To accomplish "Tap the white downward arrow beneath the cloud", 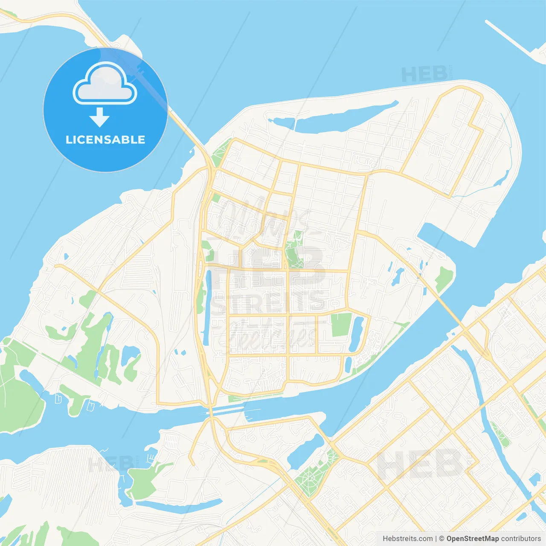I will pyautogui.click(x=99, y=117).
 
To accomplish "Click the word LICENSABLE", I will pyautogui.click(x=105, y=140).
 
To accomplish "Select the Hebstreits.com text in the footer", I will pyautogui.click(x=407, y=539).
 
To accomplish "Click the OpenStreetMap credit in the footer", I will pyautogui.click(x=472, y=539).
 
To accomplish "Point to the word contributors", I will pyautogui.click(x=521, y=539).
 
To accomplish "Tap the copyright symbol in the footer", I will pyautogui.click(x=441, y=539).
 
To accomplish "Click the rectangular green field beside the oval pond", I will pyautogui.click(x=341, y=325).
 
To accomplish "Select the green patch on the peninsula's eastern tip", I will pyautogui.click(x=444, y=277).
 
